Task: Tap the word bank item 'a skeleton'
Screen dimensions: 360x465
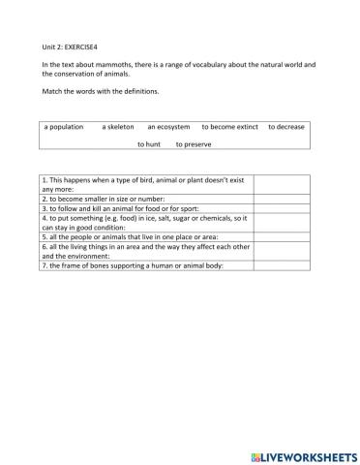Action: coord(119,126)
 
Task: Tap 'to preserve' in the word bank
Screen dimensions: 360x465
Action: coord(194,144)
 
